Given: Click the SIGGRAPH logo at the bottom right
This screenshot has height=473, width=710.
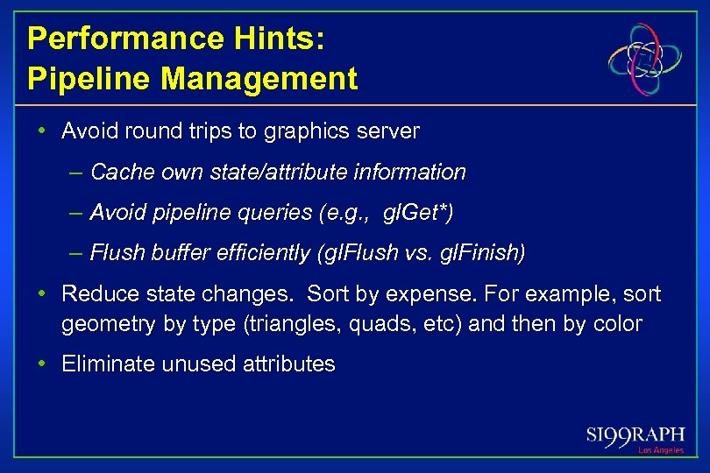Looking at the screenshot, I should (635, 434).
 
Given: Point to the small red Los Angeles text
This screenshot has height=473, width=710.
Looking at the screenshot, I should (661, 450).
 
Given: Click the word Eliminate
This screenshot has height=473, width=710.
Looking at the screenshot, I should (103, 364).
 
